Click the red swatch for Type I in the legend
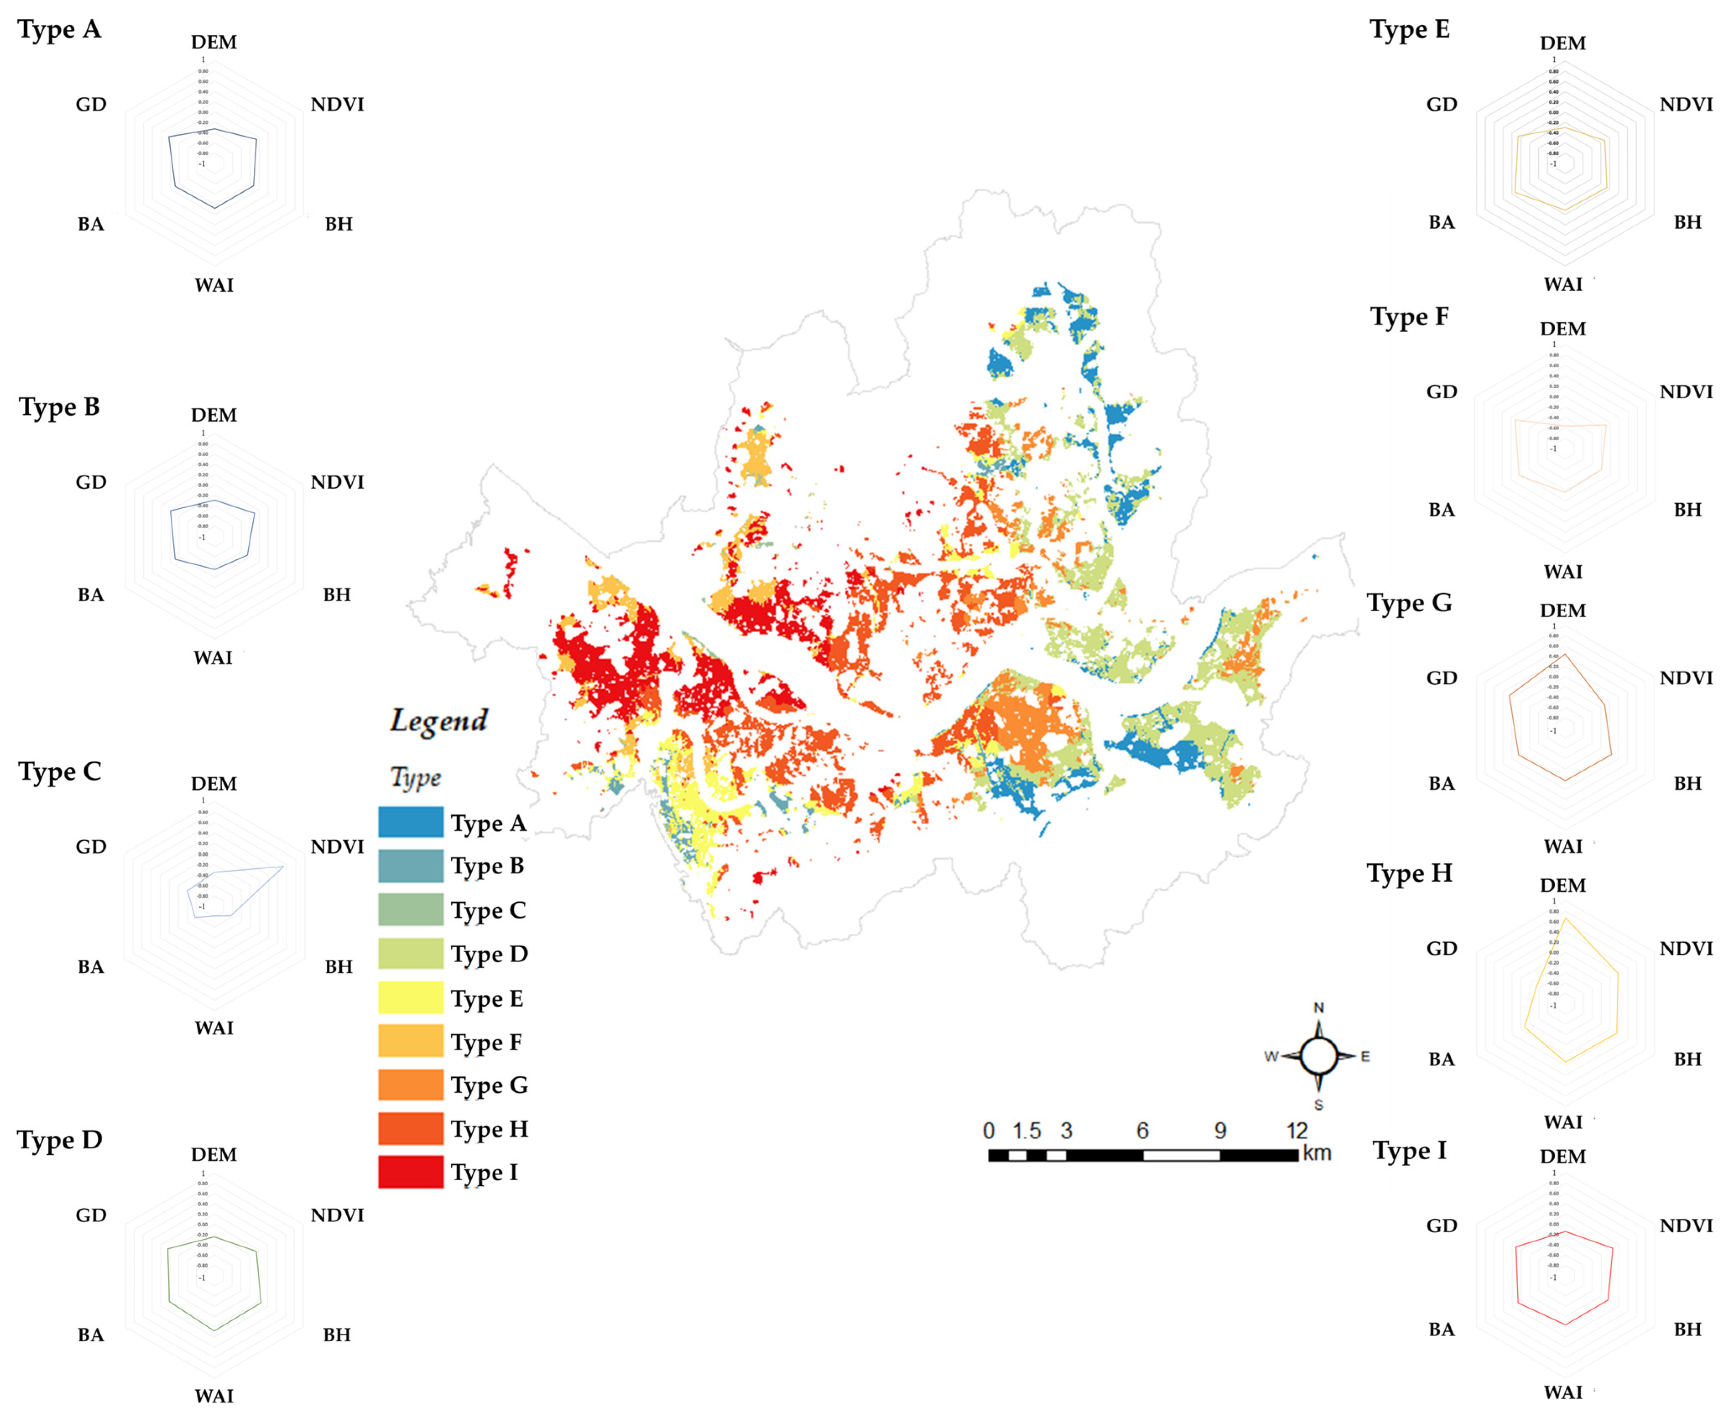[410, 1171]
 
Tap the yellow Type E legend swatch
[410, 997]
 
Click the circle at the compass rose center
[1318, 1056]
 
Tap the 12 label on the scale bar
[1297, 1130]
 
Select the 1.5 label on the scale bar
[1026, 1130]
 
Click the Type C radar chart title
[60, 771]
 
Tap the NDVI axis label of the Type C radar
[337, 846]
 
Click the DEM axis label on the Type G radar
[1562, 610]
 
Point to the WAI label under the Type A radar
[214, 285]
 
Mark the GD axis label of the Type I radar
[1441, 1225]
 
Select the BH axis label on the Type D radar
[337, 1335]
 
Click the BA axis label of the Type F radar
[1441, 510]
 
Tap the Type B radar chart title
[60, 407]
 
